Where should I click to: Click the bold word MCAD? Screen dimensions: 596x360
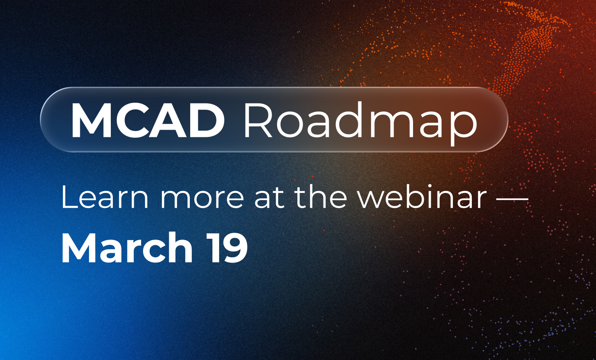147,120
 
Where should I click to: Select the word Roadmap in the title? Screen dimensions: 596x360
361,124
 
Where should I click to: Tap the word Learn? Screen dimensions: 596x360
104,197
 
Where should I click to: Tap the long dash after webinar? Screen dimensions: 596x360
513,199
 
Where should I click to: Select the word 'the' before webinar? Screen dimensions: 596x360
322,197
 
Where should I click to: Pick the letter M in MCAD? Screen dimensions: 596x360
91,120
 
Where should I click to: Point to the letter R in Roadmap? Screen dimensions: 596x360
258,120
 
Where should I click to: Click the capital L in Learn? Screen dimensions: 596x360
69,197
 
